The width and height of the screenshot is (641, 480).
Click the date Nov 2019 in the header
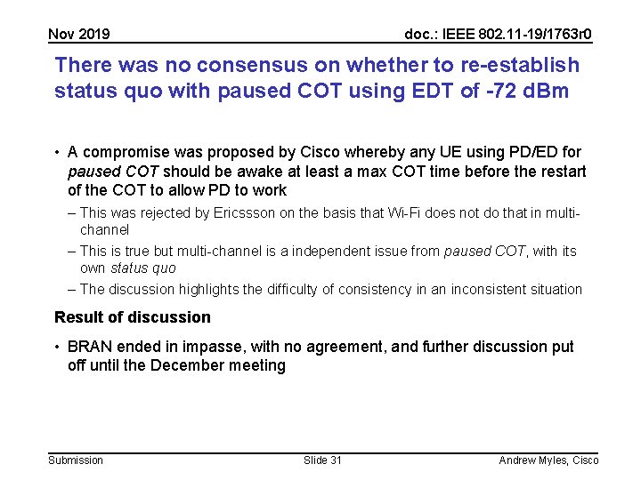[79, 35]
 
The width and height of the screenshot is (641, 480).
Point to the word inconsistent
[491, 289]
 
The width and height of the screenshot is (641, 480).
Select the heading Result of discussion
[133, 317]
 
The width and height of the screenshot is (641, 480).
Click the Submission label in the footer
[76, 460]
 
